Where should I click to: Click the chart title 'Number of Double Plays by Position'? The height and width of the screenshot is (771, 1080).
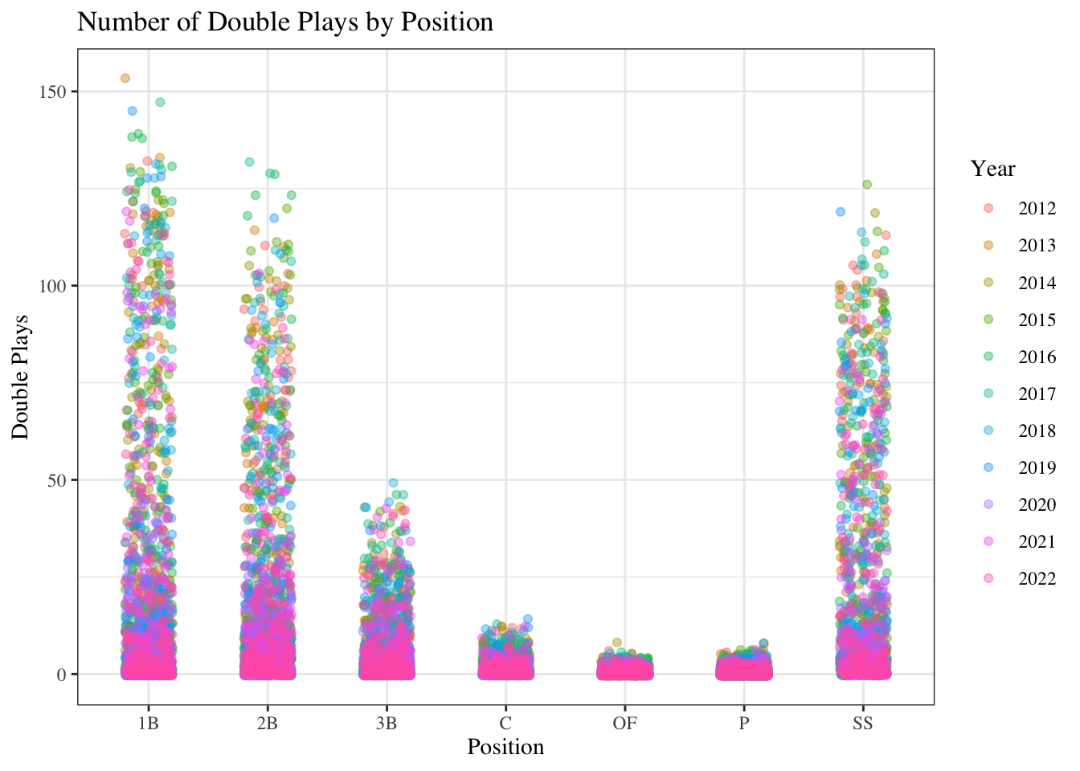tap(285, 22)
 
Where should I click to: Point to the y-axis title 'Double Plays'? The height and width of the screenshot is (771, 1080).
tap(21, 377)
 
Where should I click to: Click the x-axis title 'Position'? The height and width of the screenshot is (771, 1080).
tap(505, 747)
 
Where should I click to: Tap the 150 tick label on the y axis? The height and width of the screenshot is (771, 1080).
tap(55, 92)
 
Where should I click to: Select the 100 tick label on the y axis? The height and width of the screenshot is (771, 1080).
tap(55, 286)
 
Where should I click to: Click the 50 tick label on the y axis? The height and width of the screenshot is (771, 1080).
tap(59, 480)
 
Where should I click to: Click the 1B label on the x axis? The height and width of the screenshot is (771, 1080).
tap(149, 723)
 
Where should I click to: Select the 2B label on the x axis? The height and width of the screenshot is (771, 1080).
tap(268, 723)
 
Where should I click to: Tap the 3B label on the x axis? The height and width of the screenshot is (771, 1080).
tap(387, 723)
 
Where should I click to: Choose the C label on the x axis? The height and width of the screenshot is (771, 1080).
tap(505, 723)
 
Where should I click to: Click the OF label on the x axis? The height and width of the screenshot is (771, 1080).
tap(624, 723)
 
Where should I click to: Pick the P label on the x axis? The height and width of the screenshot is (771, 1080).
tap(744, 723)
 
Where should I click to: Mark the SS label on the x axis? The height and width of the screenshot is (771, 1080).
tap(863, 723)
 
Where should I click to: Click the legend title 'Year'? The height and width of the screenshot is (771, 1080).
tap(993, 169)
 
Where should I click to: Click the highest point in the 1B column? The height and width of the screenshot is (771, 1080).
tap(125, 78)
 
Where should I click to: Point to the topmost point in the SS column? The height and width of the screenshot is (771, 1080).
tap(867, 184)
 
